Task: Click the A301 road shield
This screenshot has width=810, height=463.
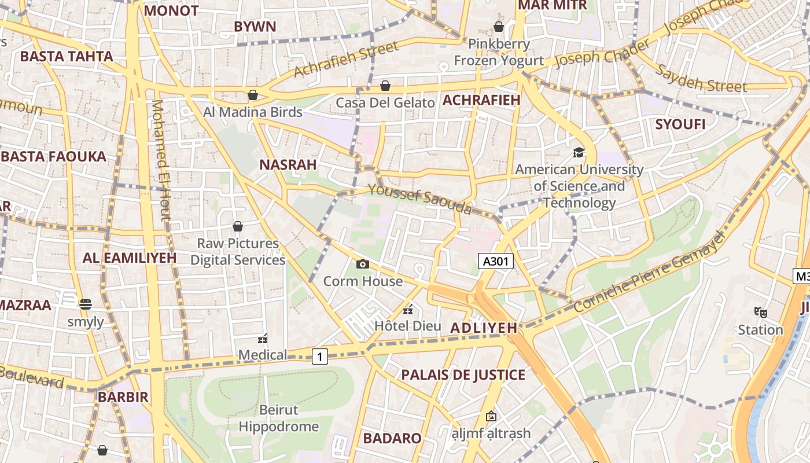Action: pyautogui.click(x=496, y=262)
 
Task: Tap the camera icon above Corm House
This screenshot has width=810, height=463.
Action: pyautogui.click(x=363, y=264)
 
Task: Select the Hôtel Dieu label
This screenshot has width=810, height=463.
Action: pyautogui.click(x=407, y=325)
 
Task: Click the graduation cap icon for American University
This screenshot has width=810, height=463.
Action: pyautogui.click(x=579, y=152)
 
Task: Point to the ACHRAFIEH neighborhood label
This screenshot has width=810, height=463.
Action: pyautogui.click(x=481, y=100)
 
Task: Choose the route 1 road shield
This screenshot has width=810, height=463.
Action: pyautogui.click(x=320, y=357)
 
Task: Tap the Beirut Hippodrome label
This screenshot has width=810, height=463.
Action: pyautogui.click(x=278, y=418)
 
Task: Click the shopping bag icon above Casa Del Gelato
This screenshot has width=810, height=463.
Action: pyautogui.click(x=385, y=86)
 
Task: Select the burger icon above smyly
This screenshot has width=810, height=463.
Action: pyautogui.click(x=86, y=304)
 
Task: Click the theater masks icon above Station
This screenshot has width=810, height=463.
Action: pyautogui.click(x=760, y=313)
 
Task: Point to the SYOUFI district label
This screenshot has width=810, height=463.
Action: pyautogui.click(x=680, y=124)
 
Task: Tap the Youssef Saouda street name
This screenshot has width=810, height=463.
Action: pyautogui.click(x=420, y=199)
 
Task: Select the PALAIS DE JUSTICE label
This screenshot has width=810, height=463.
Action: pyautogui.click(x=463, y=375)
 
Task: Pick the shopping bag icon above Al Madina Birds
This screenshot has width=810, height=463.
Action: pyautogui.click(x=253, y=95)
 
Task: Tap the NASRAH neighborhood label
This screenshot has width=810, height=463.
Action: pyautogui.click(x=288, y=165)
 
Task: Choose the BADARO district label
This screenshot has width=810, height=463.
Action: pyautogui.click(x=392, y=438)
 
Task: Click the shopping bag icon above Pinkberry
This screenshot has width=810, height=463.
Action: pyautogui.click(x=498, y=27)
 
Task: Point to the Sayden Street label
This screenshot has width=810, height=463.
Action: pyautogui.click(x=701, y=79)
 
